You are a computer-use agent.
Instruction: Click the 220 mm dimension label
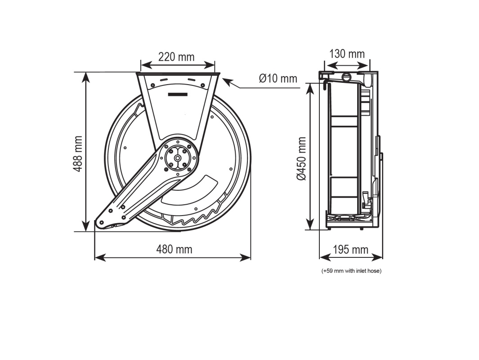click(176, 57)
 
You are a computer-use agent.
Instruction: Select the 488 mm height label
click(78, 154)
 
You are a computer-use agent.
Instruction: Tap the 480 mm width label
click(174, 249)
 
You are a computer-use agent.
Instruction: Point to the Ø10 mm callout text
click(278, 78)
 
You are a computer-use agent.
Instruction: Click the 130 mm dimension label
click(347, 54)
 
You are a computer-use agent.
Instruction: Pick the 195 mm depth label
click(350, 249)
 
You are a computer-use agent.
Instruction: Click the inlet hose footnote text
click(351, 271)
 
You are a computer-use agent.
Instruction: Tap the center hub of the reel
click(179, 158)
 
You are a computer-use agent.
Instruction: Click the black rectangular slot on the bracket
click(178, 94)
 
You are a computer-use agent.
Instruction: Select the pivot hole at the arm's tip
click(102, 223)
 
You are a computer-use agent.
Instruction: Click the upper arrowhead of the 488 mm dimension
click(86, 76)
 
